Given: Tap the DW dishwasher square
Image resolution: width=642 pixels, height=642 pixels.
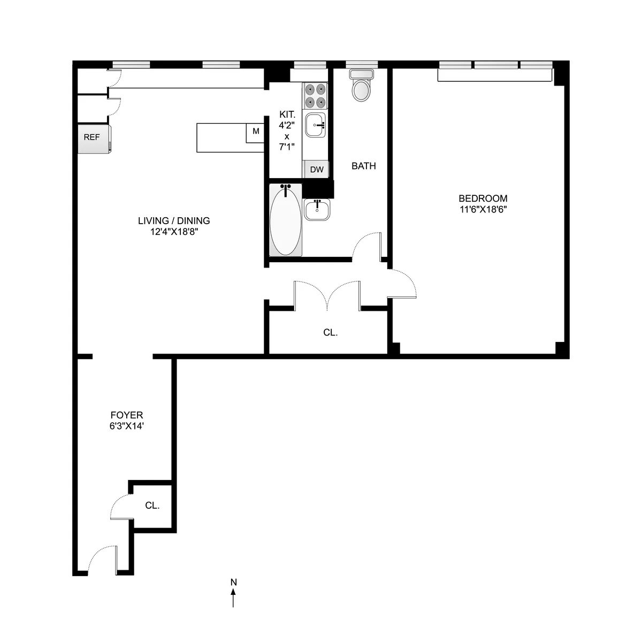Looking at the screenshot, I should point(316,170).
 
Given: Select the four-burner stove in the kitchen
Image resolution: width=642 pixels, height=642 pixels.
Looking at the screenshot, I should point(315,95).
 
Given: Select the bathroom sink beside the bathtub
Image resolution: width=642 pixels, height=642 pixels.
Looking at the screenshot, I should point(318,209).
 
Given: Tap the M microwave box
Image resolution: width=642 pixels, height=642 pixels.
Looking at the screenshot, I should point(256,132).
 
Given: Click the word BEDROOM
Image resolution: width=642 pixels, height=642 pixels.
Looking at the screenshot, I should point(483,198).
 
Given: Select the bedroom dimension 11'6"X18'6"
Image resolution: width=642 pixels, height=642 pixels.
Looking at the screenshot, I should point(483,210).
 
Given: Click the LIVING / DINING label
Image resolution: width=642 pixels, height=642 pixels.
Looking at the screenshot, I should point(174,220).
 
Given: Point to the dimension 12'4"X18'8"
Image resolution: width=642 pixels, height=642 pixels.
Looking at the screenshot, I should point(174,232).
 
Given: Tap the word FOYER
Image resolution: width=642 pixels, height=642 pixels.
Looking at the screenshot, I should point(127,415).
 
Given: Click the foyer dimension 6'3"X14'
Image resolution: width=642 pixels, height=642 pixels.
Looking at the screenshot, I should point(127,426).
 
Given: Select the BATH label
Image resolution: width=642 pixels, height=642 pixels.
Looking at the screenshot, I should point(363,166).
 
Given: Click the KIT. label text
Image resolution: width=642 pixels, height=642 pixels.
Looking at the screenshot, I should point(287,114).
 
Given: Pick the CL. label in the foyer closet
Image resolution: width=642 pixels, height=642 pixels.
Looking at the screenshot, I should point(152,505).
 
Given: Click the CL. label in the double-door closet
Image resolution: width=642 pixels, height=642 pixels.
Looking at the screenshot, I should point(330,332).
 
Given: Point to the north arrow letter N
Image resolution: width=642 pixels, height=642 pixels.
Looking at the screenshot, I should point(233,582).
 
